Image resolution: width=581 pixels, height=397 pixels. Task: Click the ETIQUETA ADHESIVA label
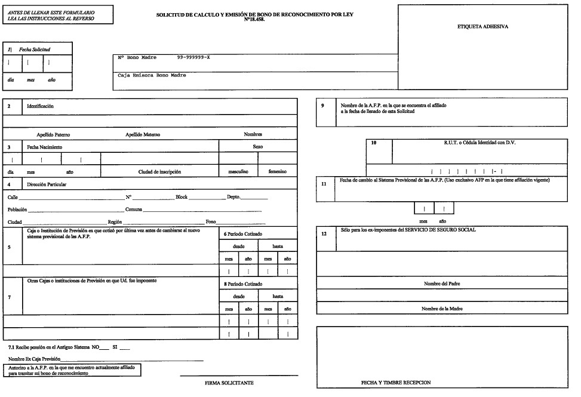(482, 27)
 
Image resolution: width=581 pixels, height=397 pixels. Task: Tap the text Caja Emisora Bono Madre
(152, 75)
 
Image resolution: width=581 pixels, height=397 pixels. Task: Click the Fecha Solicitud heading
(34, 48)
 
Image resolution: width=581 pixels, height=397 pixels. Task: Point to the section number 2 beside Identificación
(9, 106)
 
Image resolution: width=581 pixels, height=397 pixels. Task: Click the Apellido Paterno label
(53, 134)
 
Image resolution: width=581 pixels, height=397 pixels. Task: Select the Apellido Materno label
(142, 134)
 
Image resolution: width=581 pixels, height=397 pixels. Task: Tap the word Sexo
(259, 146)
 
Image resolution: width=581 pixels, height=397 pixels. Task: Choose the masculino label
(238, 171)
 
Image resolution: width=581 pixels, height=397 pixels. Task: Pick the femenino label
(278, 171)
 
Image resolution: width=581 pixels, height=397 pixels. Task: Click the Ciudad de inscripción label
(159, 171)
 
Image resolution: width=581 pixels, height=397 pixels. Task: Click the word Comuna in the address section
(134, 210)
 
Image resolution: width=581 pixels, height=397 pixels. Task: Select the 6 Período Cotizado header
(242, 233)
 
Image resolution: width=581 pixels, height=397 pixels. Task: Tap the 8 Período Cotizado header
(242, 284)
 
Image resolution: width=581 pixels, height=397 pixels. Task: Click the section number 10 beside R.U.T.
(374, 143)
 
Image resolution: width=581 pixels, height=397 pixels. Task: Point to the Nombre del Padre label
(442, 284)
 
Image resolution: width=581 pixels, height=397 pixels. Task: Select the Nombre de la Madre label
(442, 309)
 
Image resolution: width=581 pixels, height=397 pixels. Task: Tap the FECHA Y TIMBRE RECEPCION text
(396, 382)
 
